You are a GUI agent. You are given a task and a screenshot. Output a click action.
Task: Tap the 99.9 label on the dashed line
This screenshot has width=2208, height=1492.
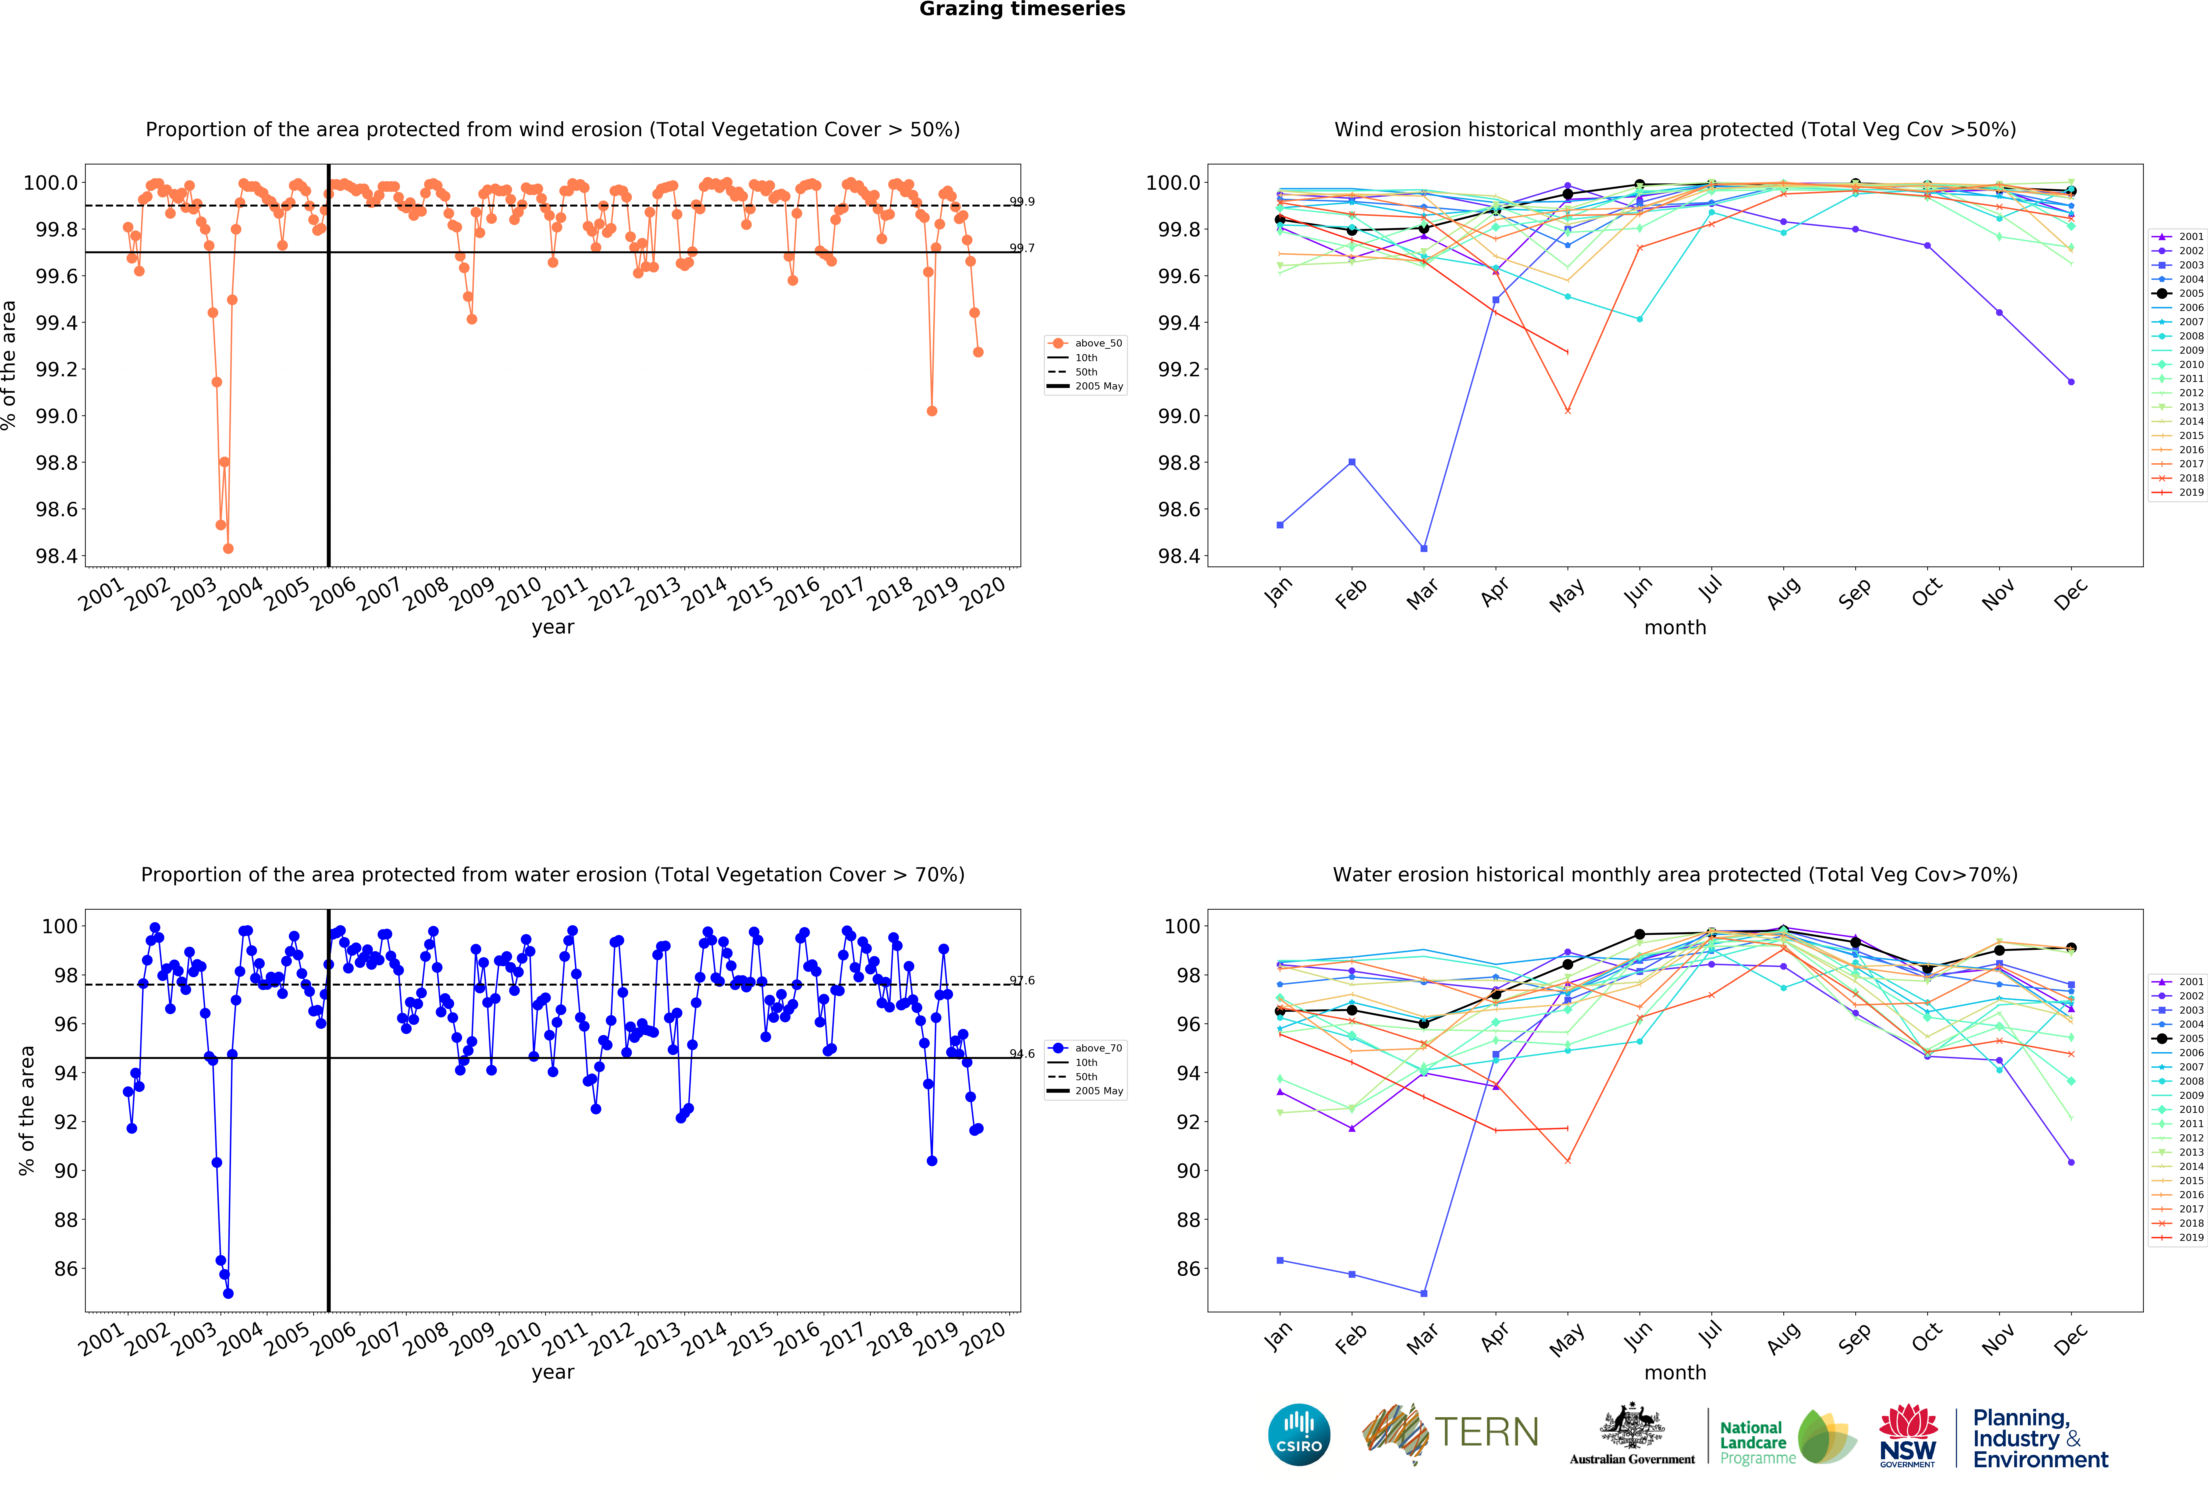(x=1022, y=201)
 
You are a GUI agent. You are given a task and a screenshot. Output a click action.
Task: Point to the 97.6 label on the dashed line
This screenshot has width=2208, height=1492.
(x=1022, y=981)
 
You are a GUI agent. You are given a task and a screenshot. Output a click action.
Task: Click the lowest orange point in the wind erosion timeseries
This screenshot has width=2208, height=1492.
(x=228, y=548)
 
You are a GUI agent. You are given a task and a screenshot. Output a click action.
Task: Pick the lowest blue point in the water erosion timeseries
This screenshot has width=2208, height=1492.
(x=228, y=1293)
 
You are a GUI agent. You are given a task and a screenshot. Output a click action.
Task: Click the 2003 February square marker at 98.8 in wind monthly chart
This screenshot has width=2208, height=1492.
(x=1352, y=462)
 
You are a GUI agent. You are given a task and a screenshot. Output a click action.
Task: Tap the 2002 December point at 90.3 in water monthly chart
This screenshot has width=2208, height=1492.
(x=2071, y=1162)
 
